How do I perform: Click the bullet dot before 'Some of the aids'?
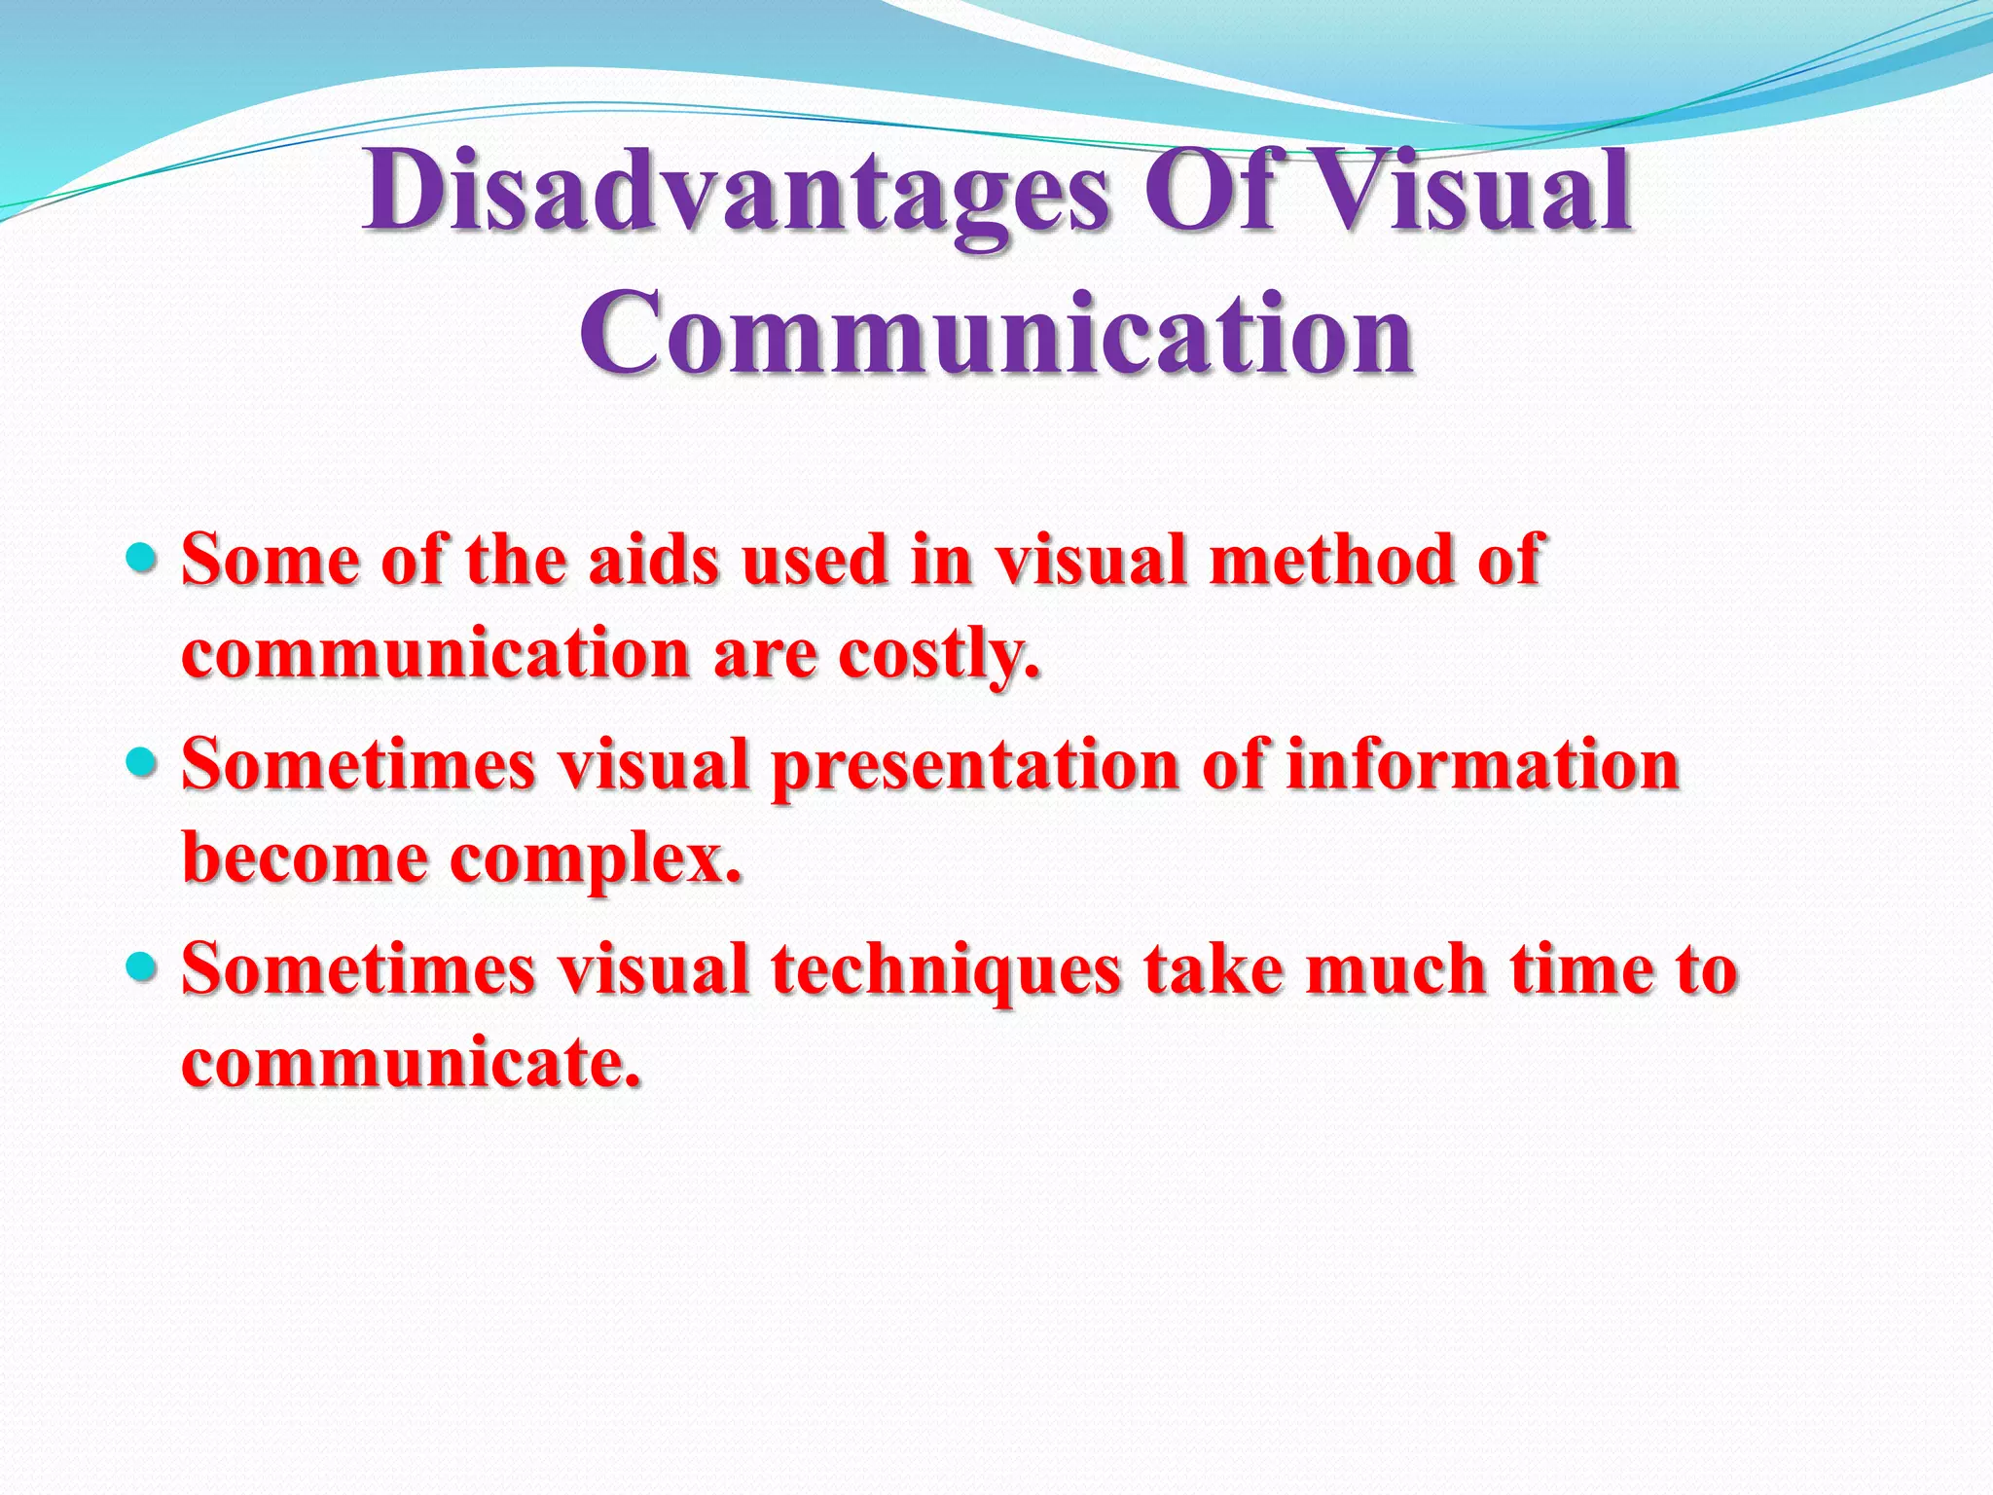click(142, 558)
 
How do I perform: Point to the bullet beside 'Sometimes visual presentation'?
click(142, 762)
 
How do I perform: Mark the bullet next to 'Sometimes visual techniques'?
click(142, 966)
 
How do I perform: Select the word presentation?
click(975, 766)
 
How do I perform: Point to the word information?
click(1483, 764)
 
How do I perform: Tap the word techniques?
click(946, 970)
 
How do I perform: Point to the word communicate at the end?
click(412, 1062)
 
